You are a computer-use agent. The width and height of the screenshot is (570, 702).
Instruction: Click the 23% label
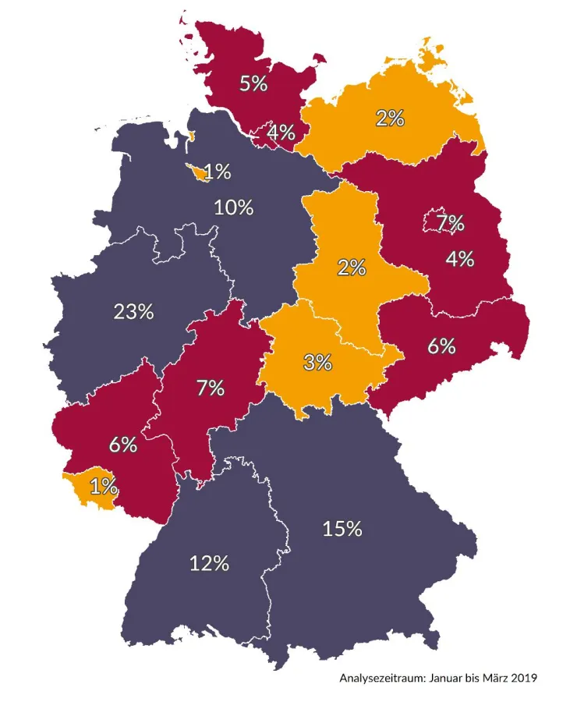pos(133,312)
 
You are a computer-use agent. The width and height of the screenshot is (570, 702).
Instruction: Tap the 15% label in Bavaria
pos(342,528)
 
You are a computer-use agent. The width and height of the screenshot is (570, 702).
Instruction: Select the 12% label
pos(210,562)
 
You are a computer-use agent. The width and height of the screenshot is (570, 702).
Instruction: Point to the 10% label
pos(234,207)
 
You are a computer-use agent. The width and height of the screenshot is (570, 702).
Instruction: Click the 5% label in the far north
pos(253,83)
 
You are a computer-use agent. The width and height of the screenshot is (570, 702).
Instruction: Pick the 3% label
pos(318,362)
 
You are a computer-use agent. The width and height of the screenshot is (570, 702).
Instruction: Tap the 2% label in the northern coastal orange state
pos(390,119)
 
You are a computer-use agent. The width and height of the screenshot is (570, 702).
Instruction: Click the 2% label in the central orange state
pos(352,268)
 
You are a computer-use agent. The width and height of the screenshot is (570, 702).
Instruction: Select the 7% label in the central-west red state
pos(211,387)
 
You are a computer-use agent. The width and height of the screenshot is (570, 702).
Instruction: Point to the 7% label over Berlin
pos(450,224)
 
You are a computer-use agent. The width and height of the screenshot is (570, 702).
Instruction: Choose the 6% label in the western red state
pos(123,445)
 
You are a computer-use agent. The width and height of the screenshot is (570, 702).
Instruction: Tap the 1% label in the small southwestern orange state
pos(104,487)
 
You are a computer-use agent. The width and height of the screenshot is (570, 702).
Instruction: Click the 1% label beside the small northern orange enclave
pos(218,172)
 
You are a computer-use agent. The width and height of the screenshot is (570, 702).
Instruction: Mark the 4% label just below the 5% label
pos(281,133)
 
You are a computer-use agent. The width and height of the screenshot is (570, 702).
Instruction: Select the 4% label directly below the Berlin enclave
pos(460,258)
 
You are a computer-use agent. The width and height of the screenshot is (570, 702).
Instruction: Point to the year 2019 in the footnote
pos(521,678)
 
